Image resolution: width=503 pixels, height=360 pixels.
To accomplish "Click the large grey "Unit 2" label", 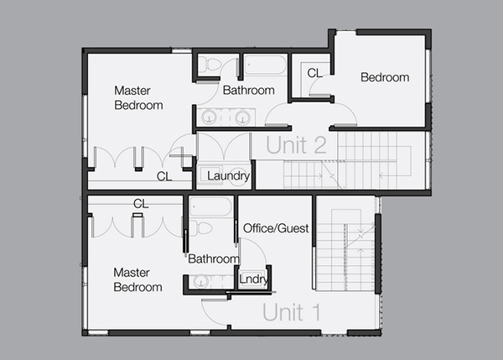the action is pyautogui.click(x=296, y=145).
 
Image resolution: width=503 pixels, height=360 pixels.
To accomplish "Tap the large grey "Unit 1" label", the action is pyautogui.click(x=291, y=312).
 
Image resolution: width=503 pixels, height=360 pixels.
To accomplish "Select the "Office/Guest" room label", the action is pyautogui.click(x=276, y=228).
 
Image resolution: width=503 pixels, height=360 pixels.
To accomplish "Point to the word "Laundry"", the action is pyautogui.click(x=228, y=176).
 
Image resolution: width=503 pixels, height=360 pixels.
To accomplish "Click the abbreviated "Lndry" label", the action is pyautogui.click(x=253, y=279).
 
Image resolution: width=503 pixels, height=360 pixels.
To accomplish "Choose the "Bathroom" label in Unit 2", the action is pyautogui.click(x=249, y=91).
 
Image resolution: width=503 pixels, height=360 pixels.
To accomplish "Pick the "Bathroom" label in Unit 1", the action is pyautogui.click(x=214, y=258).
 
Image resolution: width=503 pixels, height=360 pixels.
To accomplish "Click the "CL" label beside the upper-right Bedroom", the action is pyautogui.click(x=314, y=73).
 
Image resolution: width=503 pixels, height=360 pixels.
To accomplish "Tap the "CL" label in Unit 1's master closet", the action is pyautogui.click(x=141, y=204).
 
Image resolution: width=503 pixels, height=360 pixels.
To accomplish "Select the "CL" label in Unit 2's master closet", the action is pyautogui.click(x=164, y=176).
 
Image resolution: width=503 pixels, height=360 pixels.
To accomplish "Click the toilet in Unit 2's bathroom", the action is pyautogui.click(x=209, y=65).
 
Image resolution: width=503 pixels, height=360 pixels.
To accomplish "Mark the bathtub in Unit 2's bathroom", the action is pyautogui.click(x=265, y=65).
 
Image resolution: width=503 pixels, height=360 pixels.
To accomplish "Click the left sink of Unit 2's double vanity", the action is pyautogui.click(x=209, y=117).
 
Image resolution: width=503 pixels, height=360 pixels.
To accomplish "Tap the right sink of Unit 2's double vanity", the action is pyautogui.click(x=242, y=117).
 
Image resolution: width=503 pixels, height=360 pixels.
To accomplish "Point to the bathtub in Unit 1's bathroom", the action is pyautogui.click(x=210, y=206).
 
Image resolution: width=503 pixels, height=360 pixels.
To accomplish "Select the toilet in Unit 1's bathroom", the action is pyautogui.click(x=201, y=228).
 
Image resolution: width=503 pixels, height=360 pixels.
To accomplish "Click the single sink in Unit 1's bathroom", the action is pyautogui.click(x=201, y=281).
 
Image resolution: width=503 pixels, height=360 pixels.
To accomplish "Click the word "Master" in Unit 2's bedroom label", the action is pyautogui.click(x=132, y=91).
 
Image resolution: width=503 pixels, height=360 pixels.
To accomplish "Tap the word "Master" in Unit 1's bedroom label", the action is pyautogui.click(x=132, y=273).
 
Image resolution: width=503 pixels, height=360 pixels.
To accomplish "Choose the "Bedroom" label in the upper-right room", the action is pyautogui.click(x=385, y=77).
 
